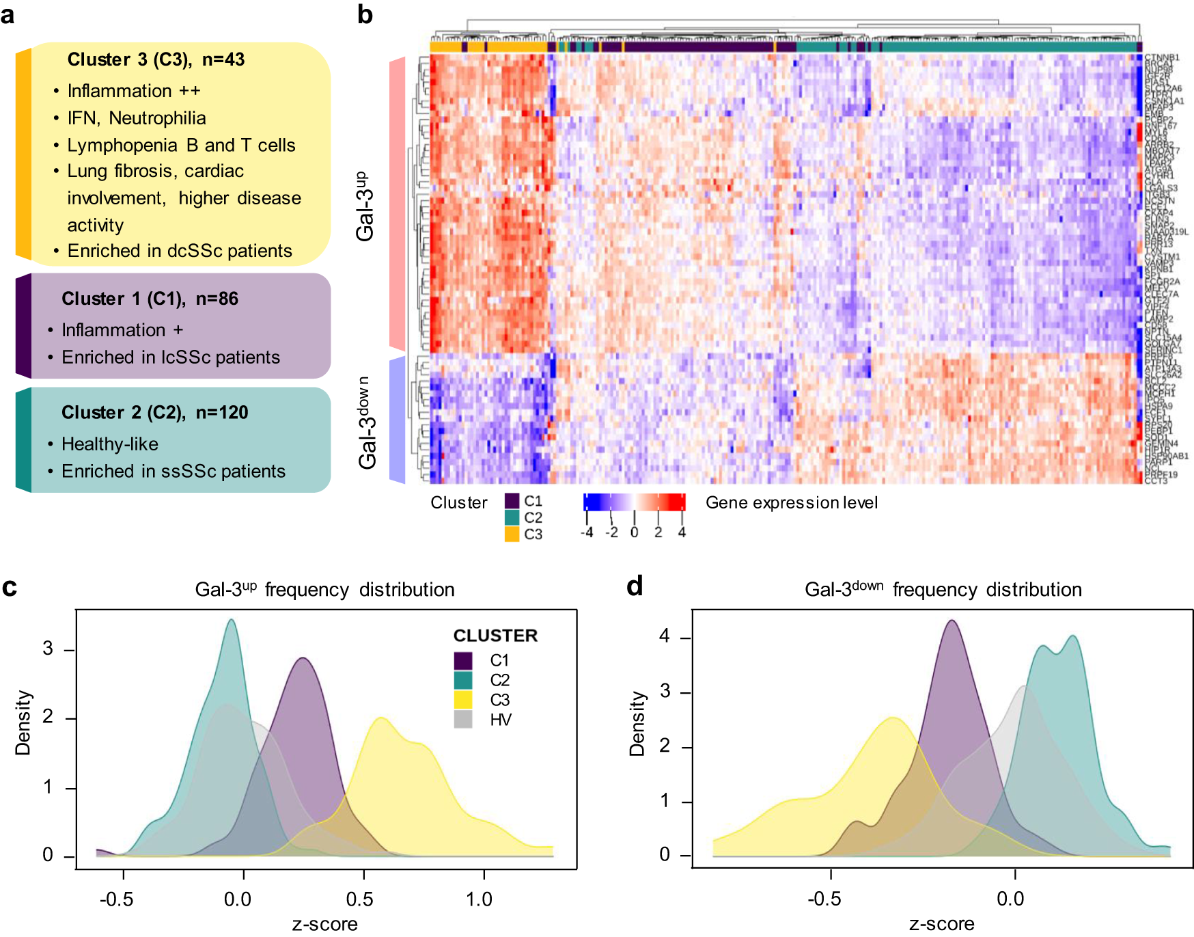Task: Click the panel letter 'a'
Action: (x=8, y=15)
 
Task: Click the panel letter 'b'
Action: (x=365, y=15)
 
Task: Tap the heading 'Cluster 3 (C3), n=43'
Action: (x=156, y=59)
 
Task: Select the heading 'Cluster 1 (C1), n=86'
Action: (x=150, y=299)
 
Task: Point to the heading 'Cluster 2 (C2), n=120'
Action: (x=154, y=412)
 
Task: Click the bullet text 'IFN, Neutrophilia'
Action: (x=137, y=118)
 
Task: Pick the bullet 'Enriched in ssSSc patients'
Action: (x=173, y=472)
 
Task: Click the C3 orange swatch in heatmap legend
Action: (x=512, y=534)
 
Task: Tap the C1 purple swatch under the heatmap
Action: (x=512, y=501)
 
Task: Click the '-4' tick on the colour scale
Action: (x=587, y=532)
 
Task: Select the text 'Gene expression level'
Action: (x=791, y=503)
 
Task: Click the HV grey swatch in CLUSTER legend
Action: (x=463, y=719)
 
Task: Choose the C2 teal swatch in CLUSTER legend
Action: (x=463, y=680)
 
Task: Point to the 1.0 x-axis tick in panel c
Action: (x=480, y=899)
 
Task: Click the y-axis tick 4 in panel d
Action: (x=665, y=636)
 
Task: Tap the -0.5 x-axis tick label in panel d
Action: (x=824, y=899)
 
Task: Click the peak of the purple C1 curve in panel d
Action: (x=952, y=621)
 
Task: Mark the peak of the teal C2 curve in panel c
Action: (x=232, y=620)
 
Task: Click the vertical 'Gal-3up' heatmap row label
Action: (x=366, y=206)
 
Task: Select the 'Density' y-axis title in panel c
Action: (x=23, y=722)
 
